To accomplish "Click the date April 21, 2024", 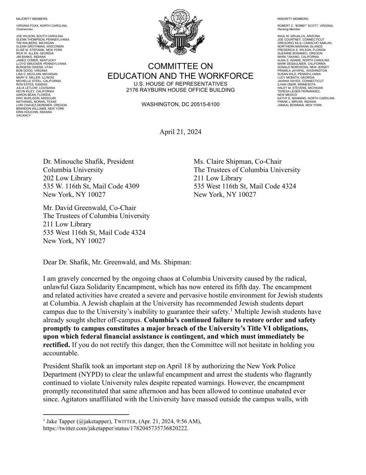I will click(x=180, y=132).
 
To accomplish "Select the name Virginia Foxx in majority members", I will click(x=28, y=26).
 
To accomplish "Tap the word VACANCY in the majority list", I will click(x=23, y=115).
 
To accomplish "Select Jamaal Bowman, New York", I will click(x=299, y=105).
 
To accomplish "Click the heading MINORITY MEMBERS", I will click(x=293, y=19).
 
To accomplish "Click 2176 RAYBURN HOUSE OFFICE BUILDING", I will click(x=180, y=90).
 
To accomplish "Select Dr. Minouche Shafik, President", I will click(x=88, y=162).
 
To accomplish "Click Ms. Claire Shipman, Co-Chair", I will click(x=238, y=162).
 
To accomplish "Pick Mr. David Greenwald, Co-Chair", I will click(x=89, y=208).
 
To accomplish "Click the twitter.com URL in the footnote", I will click(x=115, y=428).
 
